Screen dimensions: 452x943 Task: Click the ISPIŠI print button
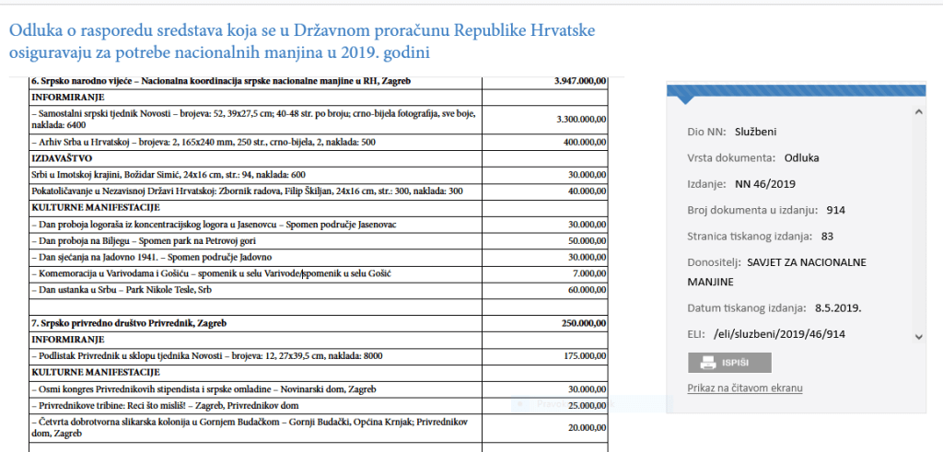(x=729, y=362)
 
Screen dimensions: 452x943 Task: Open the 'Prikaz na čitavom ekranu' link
(x=745, y=388)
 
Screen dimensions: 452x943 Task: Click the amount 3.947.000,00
(x=580, y=81)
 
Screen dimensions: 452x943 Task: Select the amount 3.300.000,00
(x=580, y=120)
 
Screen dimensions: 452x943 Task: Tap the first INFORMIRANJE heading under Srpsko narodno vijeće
(x=68, y=97)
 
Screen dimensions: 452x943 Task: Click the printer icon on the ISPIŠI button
(x=707, y=362)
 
